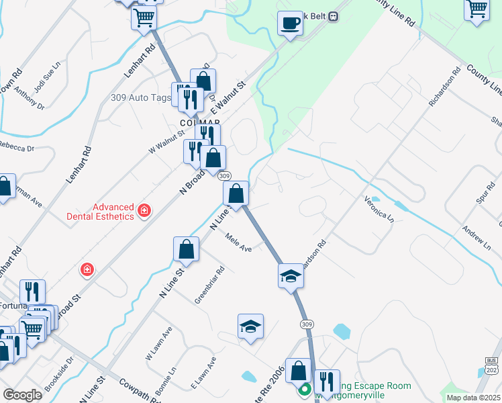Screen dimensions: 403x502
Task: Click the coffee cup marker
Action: click(290, 23)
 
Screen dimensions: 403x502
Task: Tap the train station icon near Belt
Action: click(333, 17)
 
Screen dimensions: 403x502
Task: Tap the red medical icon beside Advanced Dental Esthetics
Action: click(144, 212)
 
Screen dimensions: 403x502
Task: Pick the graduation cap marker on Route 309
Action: click(291, 275)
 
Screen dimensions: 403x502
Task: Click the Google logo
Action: click(22, 395)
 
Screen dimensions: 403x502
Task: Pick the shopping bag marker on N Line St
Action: click(186, 249)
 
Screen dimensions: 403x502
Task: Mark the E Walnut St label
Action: click(229, 97)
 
